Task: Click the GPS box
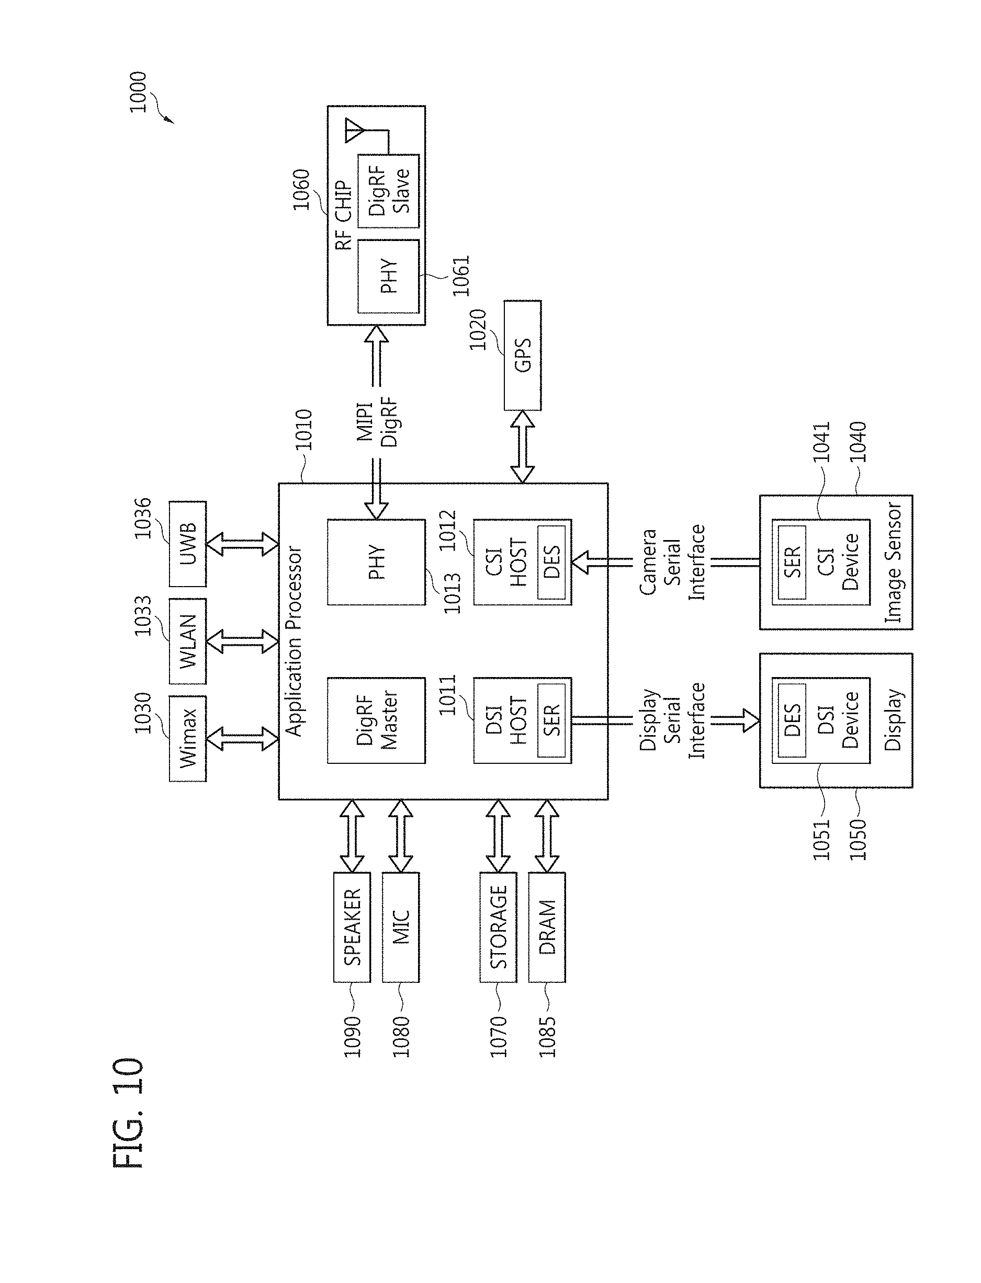click(522, 356)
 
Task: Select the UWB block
click(187, 544)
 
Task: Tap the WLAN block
click(187, 641)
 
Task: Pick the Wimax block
click(187, 739)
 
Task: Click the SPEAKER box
click(352, 927)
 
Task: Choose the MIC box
click(401, 927)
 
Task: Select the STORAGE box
click(498, 927)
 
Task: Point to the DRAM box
click(547, 927)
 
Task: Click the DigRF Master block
click(376, 720)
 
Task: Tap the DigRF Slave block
click(388, 191)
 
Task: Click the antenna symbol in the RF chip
click(354, 129)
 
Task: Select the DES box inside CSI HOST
click(551, 562)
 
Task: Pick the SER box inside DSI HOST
click(551, 720)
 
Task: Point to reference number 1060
click(301, 190)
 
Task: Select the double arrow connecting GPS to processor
click(522, 446)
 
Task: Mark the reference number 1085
click(547, 1037)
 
